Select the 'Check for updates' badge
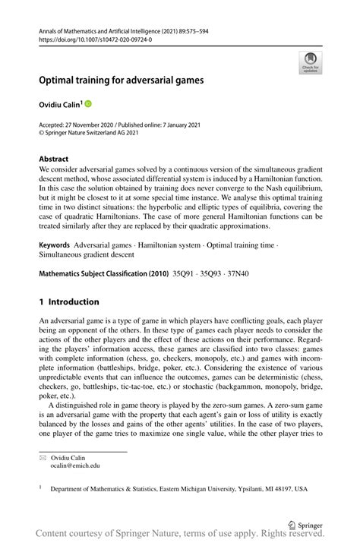(x=310, y=63)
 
